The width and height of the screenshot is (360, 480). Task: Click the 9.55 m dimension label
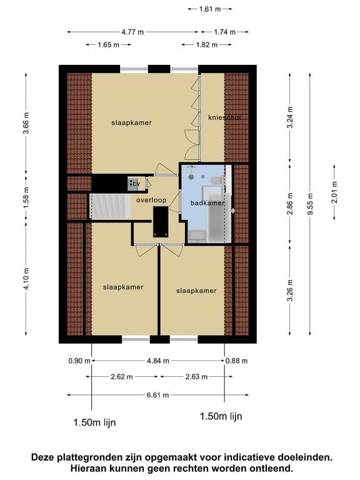click(x=311, y=204)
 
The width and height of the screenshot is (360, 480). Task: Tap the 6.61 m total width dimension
click(x=157, y=395)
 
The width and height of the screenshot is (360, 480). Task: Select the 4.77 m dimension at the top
click(x=132, y=32)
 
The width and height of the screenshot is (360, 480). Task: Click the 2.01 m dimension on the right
click(x=334, y=192)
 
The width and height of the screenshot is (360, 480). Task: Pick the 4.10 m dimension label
click(x=26, y=279)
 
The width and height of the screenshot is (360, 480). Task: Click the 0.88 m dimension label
click(x=236, y=361)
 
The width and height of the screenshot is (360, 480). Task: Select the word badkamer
click(x=207, y=203)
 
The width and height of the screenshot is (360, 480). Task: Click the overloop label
click(x=151, y=200)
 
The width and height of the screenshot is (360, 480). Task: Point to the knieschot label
click(x=225, y=117)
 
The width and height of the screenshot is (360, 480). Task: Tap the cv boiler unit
click(x=134, y=184)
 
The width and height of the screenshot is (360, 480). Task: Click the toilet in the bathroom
click(x=217, y=180)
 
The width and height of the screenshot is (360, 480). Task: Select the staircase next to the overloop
click(x=110, y=206)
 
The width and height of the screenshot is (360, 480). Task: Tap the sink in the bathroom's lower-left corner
click(x=197, y=236)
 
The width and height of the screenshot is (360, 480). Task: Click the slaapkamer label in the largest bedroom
click(x=132, y=122)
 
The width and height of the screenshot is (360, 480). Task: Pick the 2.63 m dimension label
click(x=196, y=377)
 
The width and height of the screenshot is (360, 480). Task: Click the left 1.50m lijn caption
click(x=94, y=422)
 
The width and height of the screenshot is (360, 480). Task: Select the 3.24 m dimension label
click(x=290, y=117)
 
